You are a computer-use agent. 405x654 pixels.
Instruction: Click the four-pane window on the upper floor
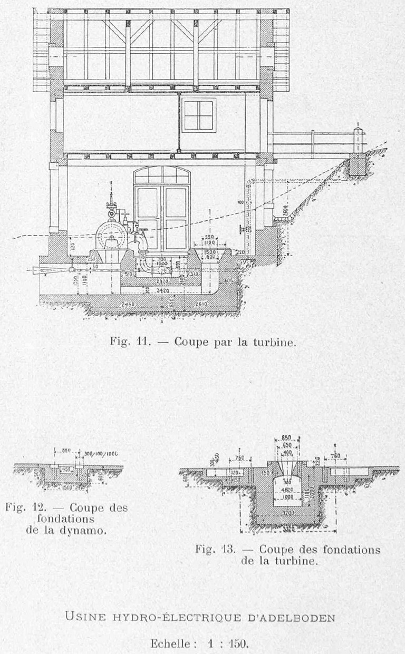click(x=198, y=115)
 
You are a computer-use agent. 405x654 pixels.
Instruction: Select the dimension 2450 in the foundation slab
click(x=128, y=305)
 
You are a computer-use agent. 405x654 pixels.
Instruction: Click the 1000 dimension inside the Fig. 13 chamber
click(x=287, y=497)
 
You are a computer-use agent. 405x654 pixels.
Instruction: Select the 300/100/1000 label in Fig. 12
click(x=101, y=453)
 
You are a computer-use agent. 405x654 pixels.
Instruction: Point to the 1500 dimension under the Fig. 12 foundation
click(x=66, y=486)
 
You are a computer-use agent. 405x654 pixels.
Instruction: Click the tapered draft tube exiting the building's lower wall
click(x=50, y=270)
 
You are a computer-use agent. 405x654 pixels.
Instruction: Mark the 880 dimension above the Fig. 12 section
click(x=66, y=451)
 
